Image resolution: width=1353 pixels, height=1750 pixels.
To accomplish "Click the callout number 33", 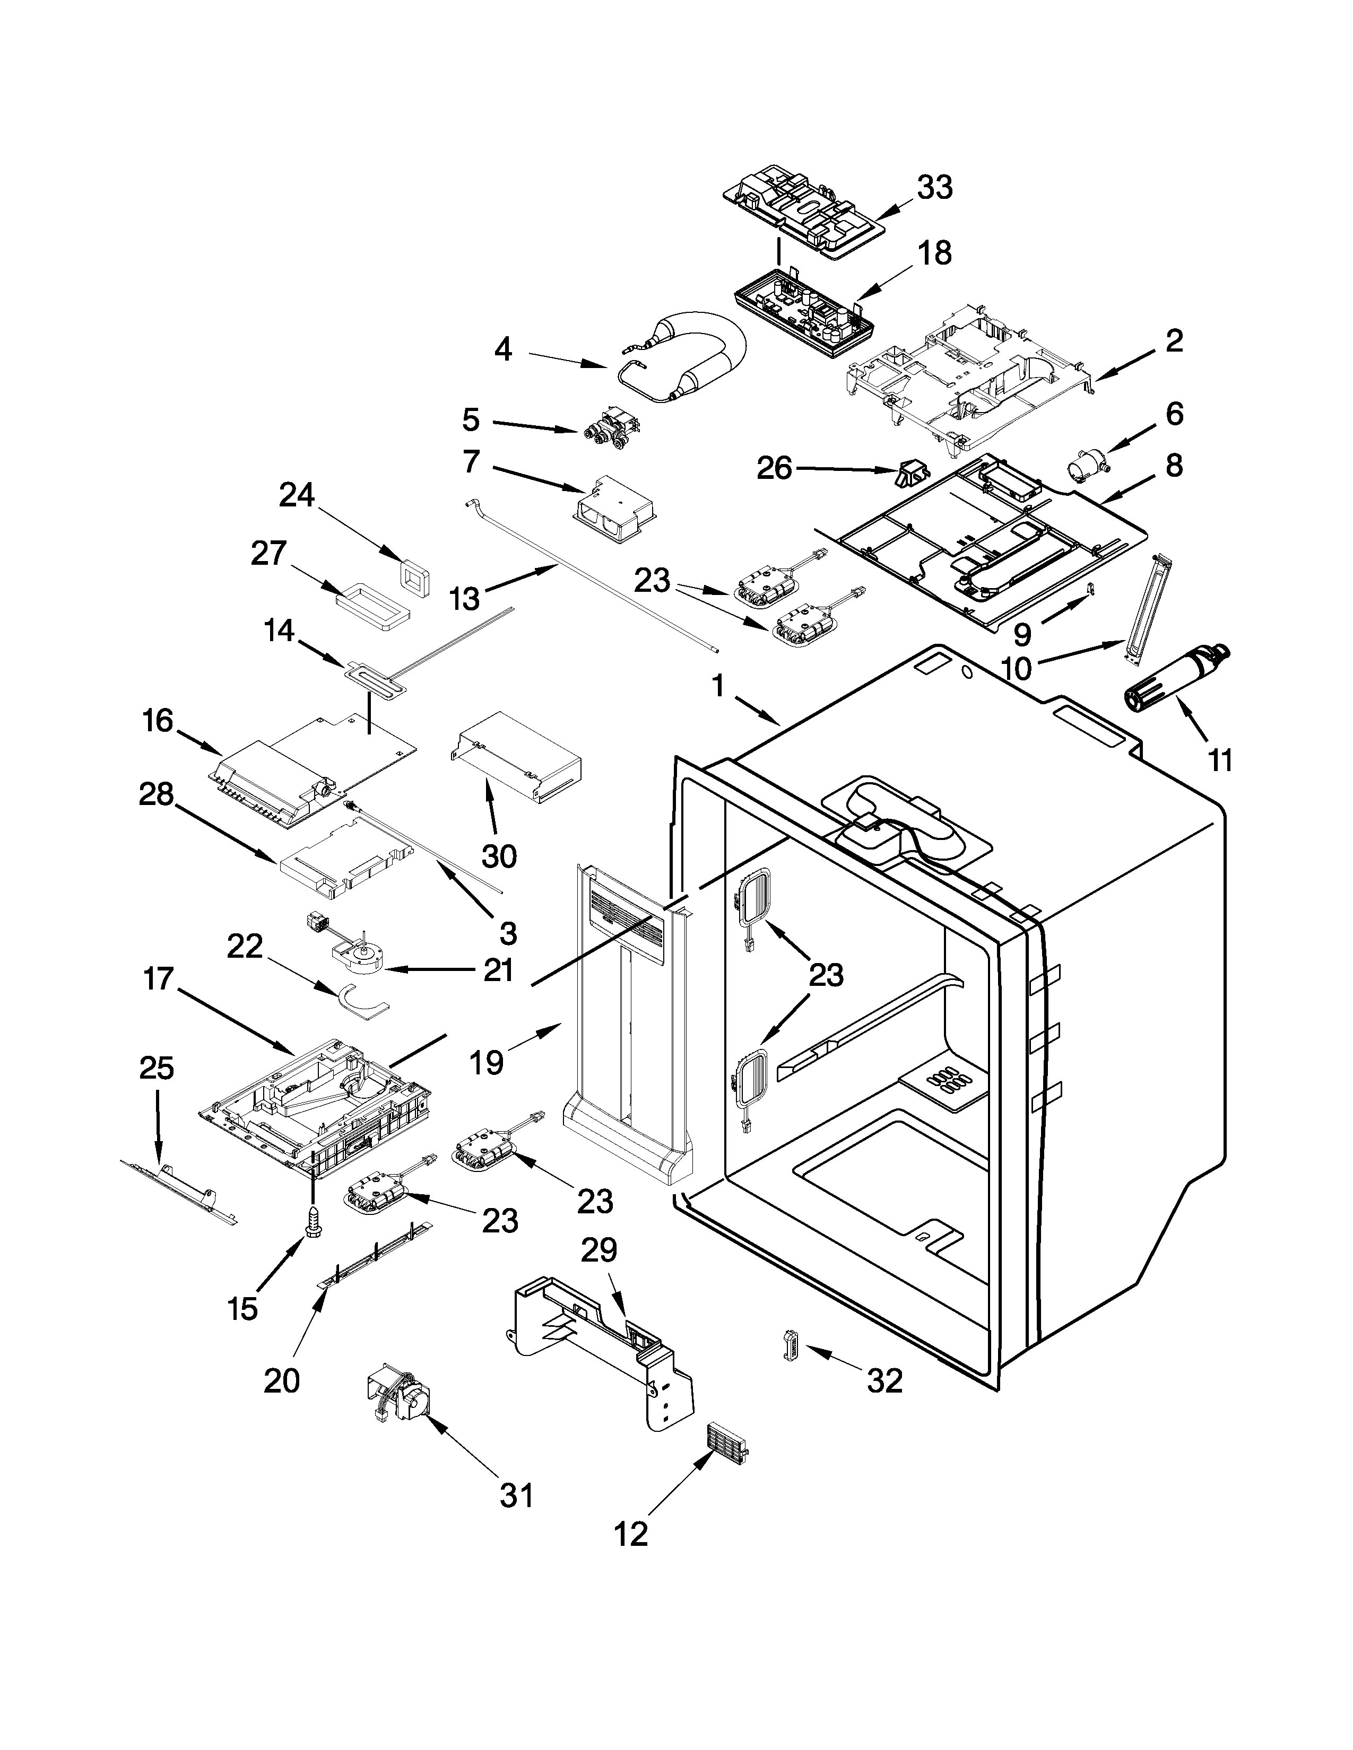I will [x=934, y=188].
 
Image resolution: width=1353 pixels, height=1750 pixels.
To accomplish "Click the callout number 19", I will [x=487, y=1063].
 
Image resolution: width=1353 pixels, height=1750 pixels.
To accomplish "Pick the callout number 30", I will [x=499, y=856].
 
